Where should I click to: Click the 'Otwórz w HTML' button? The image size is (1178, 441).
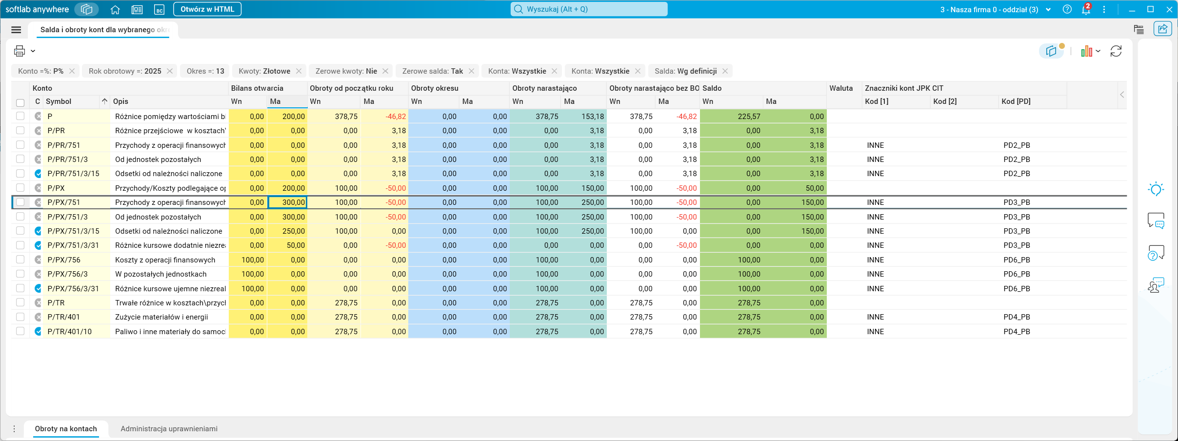[207, 9]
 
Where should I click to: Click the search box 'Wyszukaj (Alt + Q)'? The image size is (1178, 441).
[589, 9]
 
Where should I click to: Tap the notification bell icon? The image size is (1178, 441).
[1086, 9]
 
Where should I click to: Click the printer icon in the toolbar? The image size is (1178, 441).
[20, 51]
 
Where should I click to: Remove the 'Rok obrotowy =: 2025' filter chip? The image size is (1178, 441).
[170, 71]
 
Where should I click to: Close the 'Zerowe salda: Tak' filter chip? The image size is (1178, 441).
[471, 71]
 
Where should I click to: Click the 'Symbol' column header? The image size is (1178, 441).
[59, 101]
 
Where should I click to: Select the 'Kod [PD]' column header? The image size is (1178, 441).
[1016, 101]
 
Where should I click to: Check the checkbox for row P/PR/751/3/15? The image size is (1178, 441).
[20, 173]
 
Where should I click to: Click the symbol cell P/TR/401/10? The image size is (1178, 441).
[70, 332]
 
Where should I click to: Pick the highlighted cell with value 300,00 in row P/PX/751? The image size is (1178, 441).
[287, 202]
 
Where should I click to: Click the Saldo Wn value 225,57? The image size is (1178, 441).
[749, 117]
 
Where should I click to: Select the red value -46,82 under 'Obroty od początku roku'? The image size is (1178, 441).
[396, 117]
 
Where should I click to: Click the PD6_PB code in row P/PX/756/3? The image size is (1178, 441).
[1017, 274]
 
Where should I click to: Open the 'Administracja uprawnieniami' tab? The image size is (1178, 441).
[169, 429]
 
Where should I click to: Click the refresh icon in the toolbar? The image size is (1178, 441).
[1116, 51]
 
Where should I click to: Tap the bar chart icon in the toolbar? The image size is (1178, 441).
[1086, 51]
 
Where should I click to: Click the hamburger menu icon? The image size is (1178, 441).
[16, 30]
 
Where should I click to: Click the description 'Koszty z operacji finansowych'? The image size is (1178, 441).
[165, 260]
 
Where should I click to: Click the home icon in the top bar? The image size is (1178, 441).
[115, 9]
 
